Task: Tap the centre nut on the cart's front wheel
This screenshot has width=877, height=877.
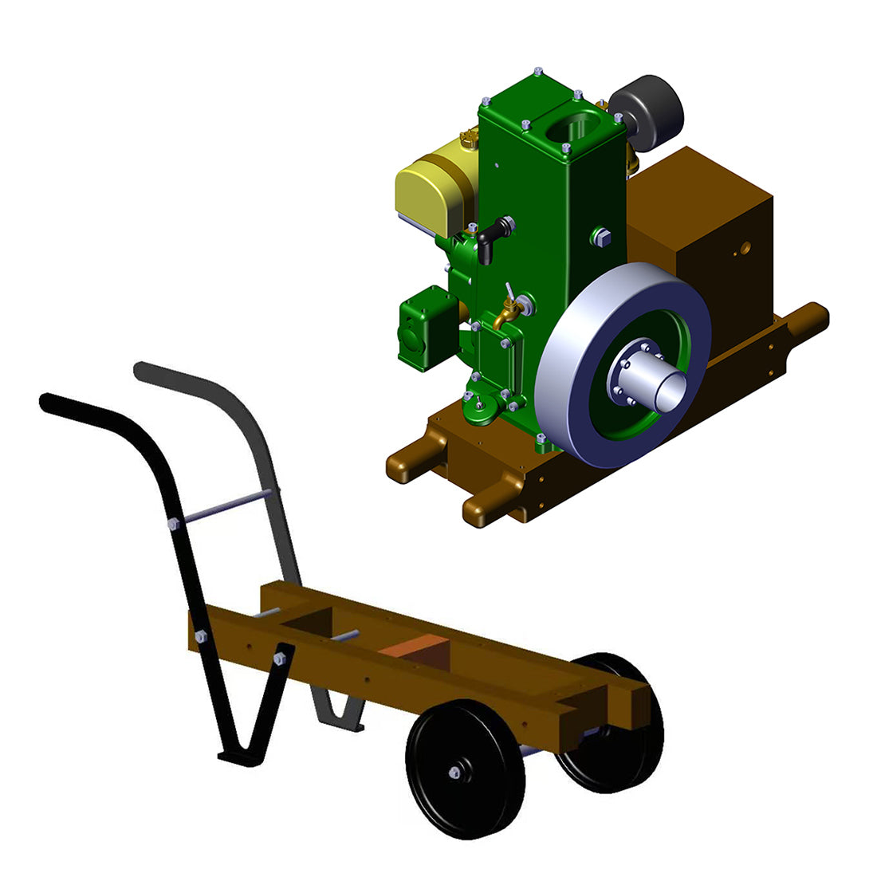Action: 454,772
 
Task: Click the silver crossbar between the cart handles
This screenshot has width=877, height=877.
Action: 223,508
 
